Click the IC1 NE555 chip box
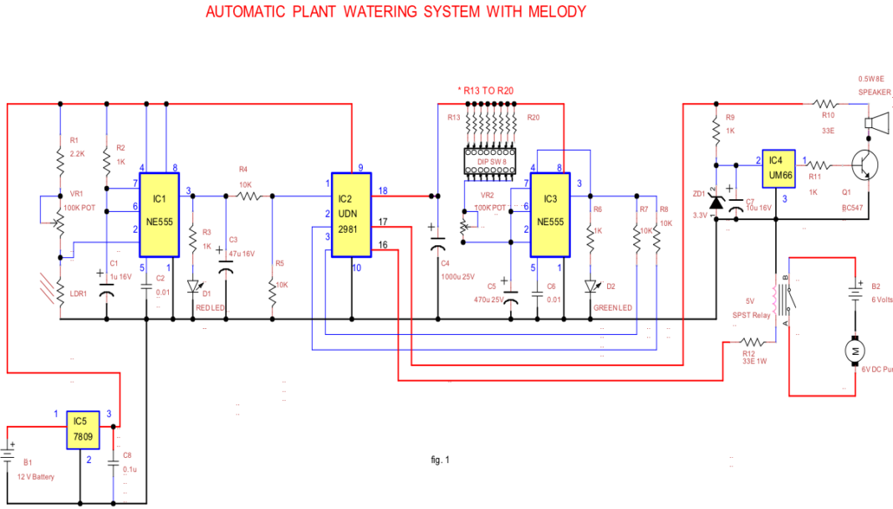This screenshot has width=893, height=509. pos(159,214)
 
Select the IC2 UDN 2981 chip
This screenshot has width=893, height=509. pos(350,214)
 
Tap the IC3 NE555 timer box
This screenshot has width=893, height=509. pos(550,214)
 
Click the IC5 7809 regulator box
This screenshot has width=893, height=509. pos(83,429)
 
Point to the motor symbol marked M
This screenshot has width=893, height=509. pos(854,351)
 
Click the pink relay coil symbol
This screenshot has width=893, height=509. pos(774,298)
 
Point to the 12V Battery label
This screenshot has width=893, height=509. pos(36,477)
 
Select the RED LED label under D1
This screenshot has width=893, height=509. pos(210,307)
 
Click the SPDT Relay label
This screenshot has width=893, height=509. pos(751,316)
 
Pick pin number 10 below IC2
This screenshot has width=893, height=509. pos(357,268)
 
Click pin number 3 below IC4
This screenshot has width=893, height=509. pos(784,198)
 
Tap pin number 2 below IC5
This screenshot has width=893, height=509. pos(89,458)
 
